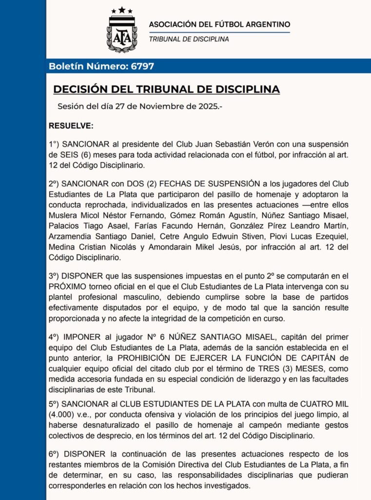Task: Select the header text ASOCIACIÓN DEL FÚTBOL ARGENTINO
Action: [x=219, y=24]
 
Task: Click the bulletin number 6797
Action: [x=143, y=66]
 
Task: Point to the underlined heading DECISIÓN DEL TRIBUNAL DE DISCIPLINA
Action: [x=166, y=89]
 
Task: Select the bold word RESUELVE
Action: [x=71, y=126]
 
